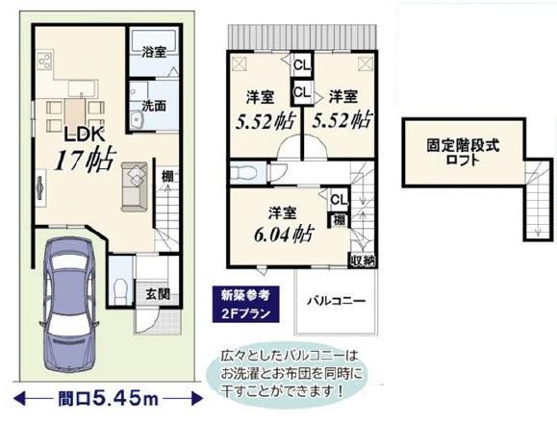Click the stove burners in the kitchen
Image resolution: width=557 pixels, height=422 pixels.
tap(44, 65)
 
